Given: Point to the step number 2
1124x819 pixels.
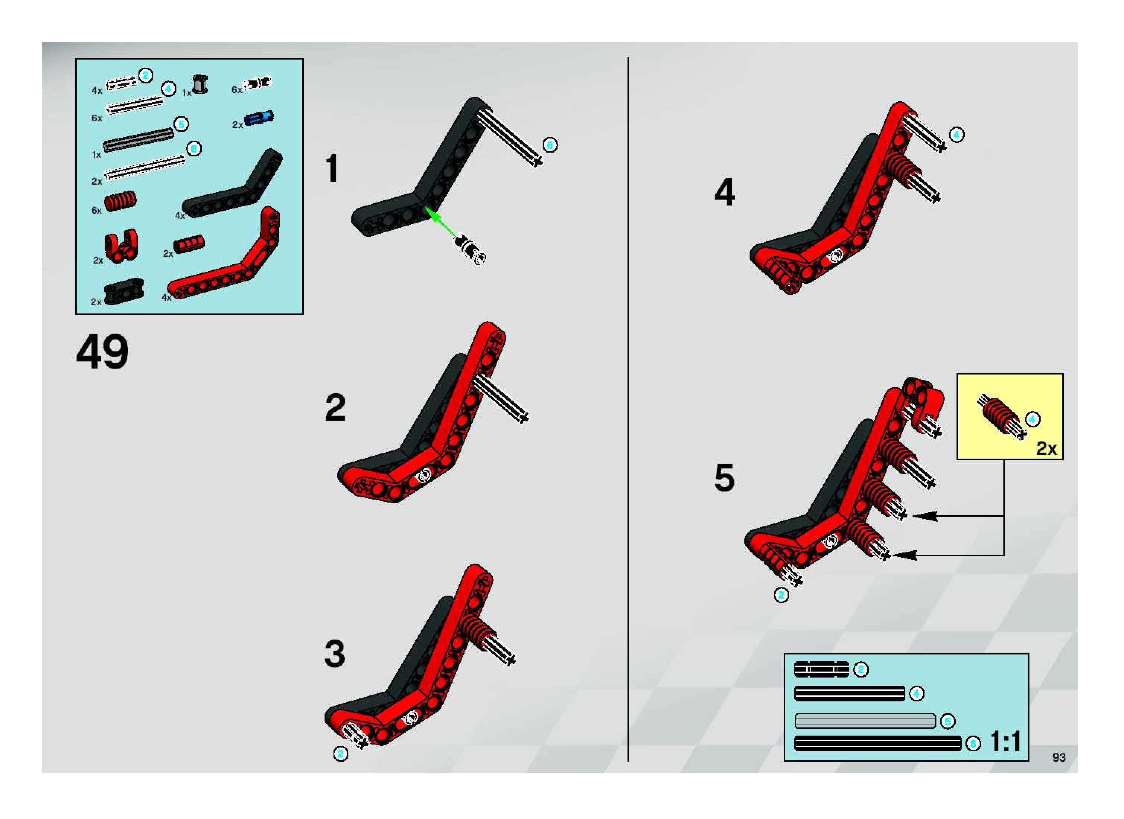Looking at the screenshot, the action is [x=335, y=408].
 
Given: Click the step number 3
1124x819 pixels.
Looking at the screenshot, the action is [x=335, y=653].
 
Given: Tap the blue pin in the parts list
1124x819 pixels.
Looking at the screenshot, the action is [x=259, y=118].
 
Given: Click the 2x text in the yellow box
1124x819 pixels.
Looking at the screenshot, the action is [x=1046, y=448].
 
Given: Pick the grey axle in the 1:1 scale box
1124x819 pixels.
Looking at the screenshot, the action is [x=865, y=720].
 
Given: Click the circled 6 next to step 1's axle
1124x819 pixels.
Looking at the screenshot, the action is [x=550, y=145].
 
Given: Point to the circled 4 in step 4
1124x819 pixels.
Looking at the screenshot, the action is [x=956, y=135].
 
